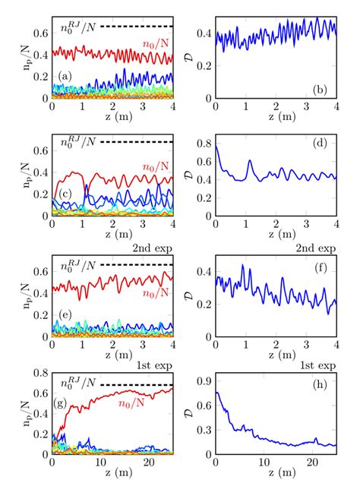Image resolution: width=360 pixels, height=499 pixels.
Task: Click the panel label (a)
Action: pos(65,76)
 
